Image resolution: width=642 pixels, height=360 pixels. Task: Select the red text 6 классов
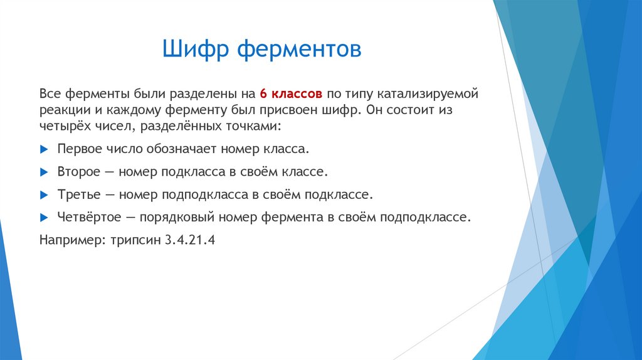pos(291,94)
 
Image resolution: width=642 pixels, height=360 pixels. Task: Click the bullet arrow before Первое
pos(43,150)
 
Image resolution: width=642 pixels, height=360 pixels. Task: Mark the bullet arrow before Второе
pos(43,172)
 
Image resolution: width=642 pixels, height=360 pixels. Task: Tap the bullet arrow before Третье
pos(43,194)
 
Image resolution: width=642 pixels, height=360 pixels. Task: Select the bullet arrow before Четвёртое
pos(43,217)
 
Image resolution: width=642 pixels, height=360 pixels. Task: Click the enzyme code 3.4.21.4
pos(190,240)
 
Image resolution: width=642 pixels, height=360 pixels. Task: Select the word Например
pos(68,240)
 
